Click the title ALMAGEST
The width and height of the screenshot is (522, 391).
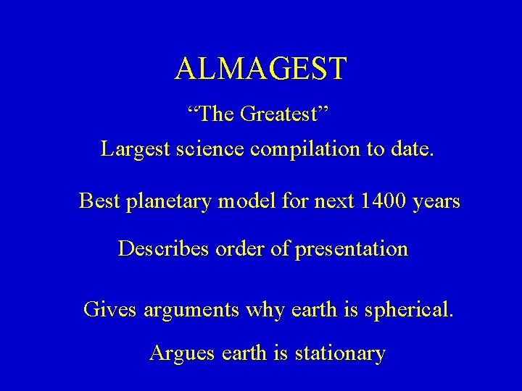(x=261, y=69)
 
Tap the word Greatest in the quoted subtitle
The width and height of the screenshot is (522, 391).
(x=283, y=114)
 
